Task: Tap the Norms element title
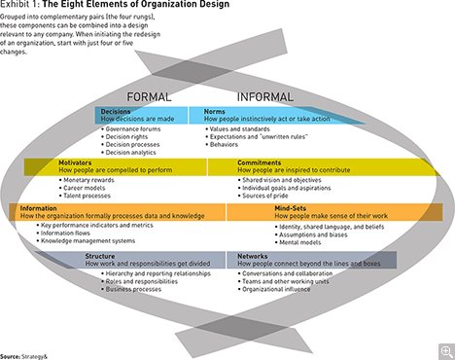[214, 112]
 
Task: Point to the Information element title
[33, 206]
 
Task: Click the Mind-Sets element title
[256, 206]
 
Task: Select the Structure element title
[101, 255]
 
